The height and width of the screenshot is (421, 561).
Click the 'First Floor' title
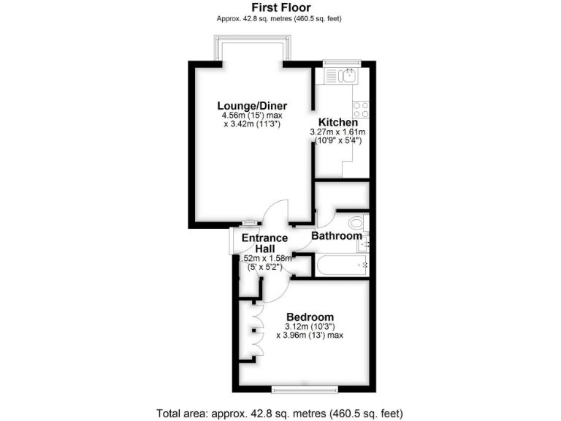pyautogui.click(x=280, y=7)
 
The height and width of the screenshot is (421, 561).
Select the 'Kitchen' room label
pyautogui.click(x=337, y=122)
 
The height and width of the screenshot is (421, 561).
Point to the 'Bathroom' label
pyautogui.click(x=337, y=236)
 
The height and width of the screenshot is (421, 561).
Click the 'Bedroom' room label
pyautogui.click(x=309, y=316)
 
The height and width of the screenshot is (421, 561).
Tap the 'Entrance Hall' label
pyautogui.click(x=264, y=243)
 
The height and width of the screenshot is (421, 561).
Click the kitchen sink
pyautogui.click(x=343, y=74)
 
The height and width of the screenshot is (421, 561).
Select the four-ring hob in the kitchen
pyautogui.click(x=361, y=110)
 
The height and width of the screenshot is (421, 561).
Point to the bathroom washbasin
pyautogui.click(x=364, y=243)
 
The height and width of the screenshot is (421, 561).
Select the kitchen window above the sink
pyautogui.click(x=343, y=63)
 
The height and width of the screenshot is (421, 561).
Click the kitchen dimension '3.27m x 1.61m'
pyautogui.click(x=337, y=132)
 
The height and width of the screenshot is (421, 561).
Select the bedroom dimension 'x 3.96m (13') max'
pyautogui.click(x=309, y=335)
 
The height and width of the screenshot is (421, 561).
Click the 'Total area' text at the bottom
pyautogui.click(x=280, y=411)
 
